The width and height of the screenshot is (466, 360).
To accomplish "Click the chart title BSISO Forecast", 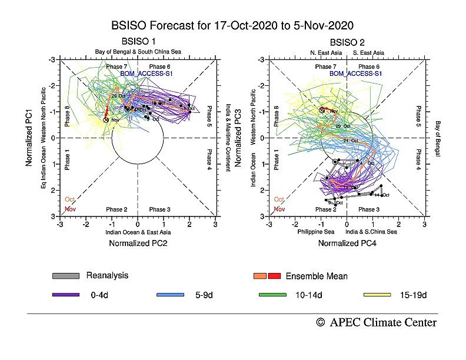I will [232, 26].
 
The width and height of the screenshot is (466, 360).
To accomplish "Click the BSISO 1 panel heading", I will [138, 42].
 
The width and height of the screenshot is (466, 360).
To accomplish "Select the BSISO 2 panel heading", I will [347, 42].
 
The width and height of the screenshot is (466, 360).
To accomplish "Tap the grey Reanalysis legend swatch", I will [65, 276].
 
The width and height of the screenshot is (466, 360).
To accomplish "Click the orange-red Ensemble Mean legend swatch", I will [267, 276].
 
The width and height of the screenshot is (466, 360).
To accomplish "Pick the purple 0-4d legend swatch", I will [65, 294].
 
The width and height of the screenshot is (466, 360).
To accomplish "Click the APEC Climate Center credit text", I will [377, 322].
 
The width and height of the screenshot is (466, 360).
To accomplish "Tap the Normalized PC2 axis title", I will [138, 242].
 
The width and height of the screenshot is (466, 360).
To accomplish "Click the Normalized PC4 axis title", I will [347, 242].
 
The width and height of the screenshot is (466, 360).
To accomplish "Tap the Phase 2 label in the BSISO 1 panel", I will [116, 209].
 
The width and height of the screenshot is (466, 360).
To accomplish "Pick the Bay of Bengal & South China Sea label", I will [138, 52].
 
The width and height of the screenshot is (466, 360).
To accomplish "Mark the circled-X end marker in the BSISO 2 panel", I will [322, 111].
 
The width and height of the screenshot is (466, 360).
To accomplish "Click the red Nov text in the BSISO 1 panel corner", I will [70, 209].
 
